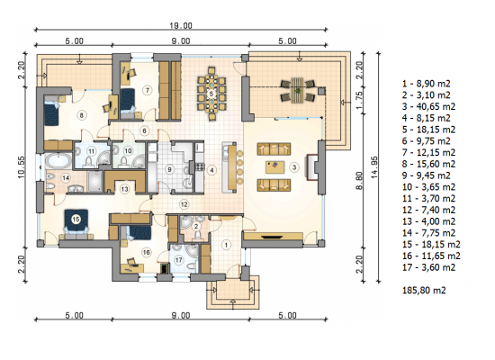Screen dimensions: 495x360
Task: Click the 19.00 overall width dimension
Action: [181, 25]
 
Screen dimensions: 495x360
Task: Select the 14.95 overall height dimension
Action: [374, 167]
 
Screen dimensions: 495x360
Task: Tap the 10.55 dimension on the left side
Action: [22, 167]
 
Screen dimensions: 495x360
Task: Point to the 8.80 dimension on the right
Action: [359, 181]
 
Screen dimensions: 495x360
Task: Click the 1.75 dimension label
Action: [359, 101]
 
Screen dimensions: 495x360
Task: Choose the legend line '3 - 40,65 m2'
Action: [428, 106]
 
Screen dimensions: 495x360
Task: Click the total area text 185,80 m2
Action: [424, 290]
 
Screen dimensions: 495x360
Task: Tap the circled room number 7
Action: [148, 90]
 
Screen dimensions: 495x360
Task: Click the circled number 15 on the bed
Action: [76, 220]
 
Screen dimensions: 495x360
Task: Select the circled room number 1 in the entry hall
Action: [226, 245]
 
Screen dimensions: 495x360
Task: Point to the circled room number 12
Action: [184, 204]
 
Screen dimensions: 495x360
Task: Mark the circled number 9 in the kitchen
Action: [169, 169]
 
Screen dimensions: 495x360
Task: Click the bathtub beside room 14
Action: [58, 162]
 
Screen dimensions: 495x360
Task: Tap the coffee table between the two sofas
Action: [275, 167]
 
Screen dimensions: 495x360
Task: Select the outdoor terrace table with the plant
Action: [297, 91]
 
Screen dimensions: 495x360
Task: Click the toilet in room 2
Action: [197, 235]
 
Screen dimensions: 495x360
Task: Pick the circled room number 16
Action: [146, 252]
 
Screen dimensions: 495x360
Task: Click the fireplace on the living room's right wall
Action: [312, 167]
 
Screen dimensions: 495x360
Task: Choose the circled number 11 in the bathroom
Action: [91, 151]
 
